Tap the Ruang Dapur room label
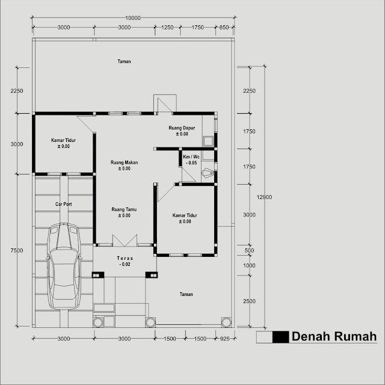[182, 128]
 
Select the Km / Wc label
[191, 156]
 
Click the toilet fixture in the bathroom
[207, 173]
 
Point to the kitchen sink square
[208, 141]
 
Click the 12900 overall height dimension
[264, 197]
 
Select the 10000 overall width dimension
[133, 18]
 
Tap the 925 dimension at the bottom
[224, 339]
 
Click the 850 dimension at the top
[224, 27]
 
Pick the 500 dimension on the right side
[249, 251]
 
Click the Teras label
[125, 258]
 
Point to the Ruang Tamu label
[124, 209]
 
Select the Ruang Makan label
[125, 162]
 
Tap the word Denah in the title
[310, 336]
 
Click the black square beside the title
[281, 337]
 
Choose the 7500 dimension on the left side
[17, 250]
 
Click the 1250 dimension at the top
[167, 27]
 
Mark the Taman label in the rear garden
[124, 61]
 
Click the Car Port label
[64, 204]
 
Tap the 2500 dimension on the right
[249, 301]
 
